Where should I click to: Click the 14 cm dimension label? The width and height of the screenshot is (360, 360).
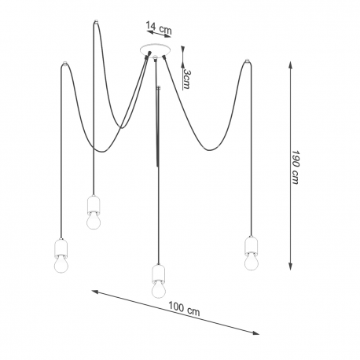tap(159, 28)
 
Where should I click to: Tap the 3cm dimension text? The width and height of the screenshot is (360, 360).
tap(186, 79)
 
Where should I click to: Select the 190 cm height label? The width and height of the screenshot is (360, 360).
tap(296, 167)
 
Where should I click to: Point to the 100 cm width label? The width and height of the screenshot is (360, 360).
tap(184, 309)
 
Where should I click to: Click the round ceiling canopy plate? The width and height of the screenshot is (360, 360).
tap(156, 50)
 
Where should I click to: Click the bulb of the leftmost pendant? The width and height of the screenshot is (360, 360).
tap(61, 265)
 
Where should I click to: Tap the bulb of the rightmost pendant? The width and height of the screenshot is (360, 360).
tap(252, 262)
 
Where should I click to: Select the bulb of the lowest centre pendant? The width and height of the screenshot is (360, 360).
tap(159, 289)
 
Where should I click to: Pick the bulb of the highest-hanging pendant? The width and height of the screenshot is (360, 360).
tap(94, 221)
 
